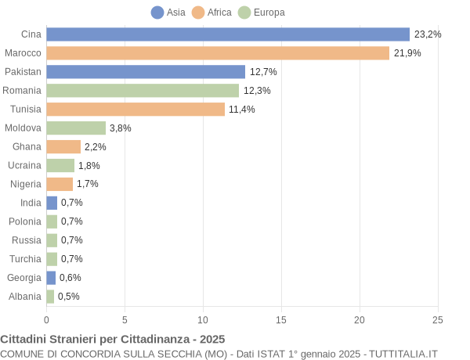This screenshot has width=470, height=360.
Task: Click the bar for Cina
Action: coord(228,34)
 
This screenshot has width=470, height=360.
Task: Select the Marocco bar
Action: coord(218,53)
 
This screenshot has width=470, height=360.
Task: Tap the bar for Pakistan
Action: coord(146,72)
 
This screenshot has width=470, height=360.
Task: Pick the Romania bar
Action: coord(143,91)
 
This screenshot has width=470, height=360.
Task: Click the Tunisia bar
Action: coord(136,110)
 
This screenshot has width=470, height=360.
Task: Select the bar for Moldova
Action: coord(76,128)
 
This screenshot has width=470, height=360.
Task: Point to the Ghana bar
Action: coord(63,147)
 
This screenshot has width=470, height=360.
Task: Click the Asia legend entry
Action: coord(168,13)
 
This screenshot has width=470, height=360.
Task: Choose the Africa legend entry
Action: coord(211,13)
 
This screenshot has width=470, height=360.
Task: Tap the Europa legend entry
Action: coord(261,13)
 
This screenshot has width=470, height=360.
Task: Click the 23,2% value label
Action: coord(428,34)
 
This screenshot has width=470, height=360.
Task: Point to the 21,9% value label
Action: coord(407,53)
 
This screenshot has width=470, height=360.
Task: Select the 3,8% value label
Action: coord(121,128)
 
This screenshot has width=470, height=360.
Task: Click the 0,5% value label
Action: coord(69,297)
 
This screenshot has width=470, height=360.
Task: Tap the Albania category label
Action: coord(25,297)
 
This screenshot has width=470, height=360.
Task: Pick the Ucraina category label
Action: coord(24,165)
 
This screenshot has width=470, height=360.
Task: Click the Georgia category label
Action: coord(24,278)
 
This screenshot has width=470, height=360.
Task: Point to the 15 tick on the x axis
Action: coord(281,319)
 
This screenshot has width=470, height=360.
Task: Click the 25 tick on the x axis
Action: coord(438,319)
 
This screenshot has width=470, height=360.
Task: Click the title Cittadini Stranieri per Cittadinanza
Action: coord(113,339)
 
